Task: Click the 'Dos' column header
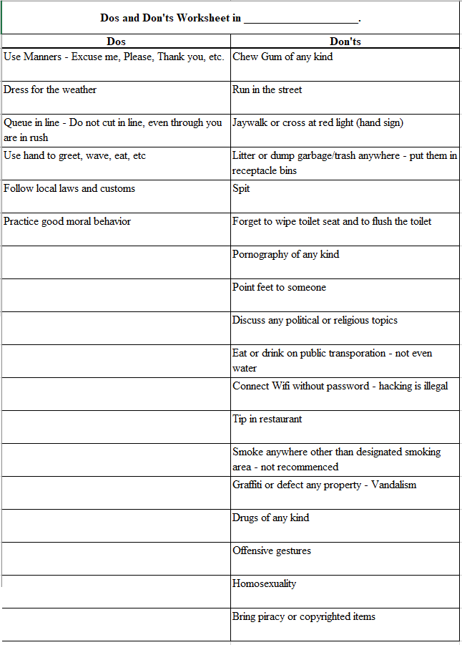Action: coord(116,42)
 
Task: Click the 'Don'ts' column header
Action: coord(345,42)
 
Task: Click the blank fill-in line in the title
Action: coord(300,19)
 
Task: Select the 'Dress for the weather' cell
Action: coord(50,89)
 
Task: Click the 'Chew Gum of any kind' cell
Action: coord(282,57)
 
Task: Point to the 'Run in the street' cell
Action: coord(267,89)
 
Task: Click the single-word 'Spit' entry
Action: coord(241,188)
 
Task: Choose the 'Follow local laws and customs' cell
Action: coord(69,188)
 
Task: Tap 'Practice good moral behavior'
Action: coord(67,221)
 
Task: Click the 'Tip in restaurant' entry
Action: coord(267,419)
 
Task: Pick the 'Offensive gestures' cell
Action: coord(272,551)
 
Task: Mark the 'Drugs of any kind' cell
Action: coord(271,518)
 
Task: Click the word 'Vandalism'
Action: coord(393,485)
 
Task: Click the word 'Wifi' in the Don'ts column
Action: coord(281,386)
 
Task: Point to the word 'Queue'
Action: coord(19,122)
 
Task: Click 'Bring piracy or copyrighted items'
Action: coord(304,616)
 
